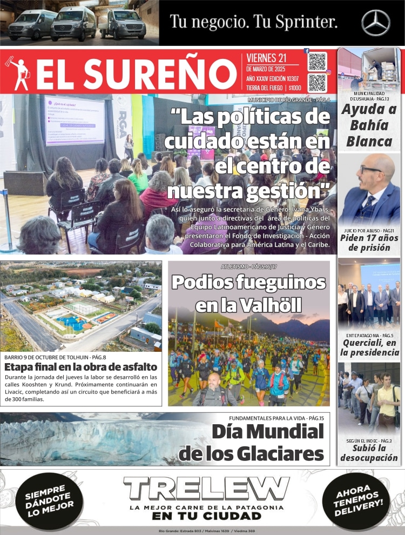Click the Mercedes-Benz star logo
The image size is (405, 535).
[x=376, y=23]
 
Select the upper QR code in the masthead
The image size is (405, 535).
[x=318, y=61]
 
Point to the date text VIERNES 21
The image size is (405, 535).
[x=267, y=58]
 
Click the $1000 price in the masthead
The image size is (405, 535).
[x=295, y=88]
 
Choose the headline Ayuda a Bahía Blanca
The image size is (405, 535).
[x=369, y=125]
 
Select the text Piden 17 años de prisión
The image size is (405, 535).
[x=369, y=243]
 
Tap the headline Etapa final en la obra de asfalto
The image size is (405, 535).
[x=80, y=367]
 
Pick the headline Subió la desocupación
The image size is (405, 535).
[x=369, y=453]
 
